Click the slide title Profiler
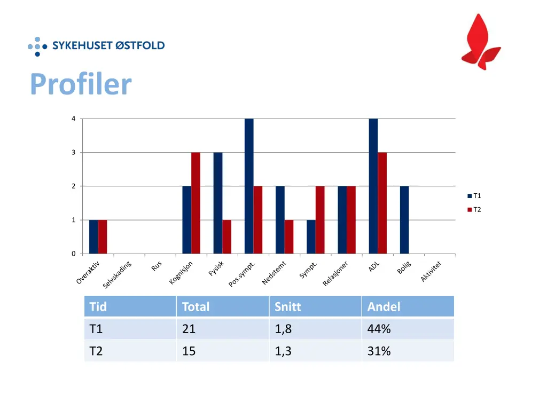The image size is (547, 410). pos(81,84)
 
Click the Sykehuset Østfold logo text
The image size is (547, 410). pos(108,46)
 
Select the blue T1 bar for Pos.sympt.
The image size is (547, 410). pos(249,186)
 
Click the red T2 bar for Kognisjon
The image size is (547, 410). pos(196,203)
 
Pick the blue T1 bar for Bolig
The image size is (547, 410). pos(404,220)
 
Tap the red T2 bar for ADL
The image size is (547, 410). pos(382,203)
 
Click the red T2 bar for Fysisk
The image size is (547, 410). pos(226,236)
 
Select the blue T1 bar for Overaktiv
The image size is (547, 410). pos(93,236)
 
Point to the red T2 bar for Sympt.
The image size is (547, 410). pos(320,220)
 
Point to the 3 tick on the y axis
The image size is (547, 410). pos(74,153)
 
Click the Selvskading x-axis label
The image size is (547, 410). pos(117,274)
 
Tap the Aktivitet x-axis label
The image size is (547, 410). pos(431,271)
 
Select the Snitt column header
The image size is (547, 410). pos(288,307)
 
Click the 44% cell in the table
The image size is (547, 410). pos(379,329)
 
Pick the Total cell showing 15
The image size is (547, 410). pos(189,351)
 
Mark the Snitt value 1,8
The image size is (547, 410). pos(283,329)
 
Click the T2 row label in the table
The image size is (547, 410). pos(96,351)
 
